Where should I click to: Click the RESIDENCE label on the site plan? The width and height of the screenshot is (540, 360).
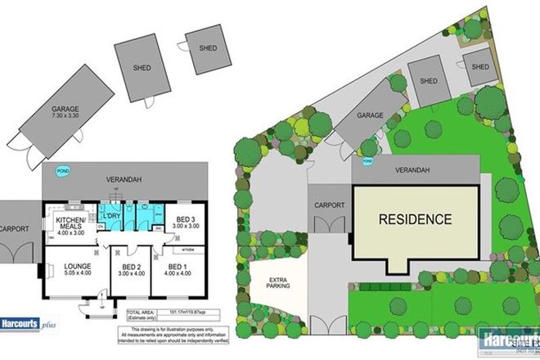pos(414,219)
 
